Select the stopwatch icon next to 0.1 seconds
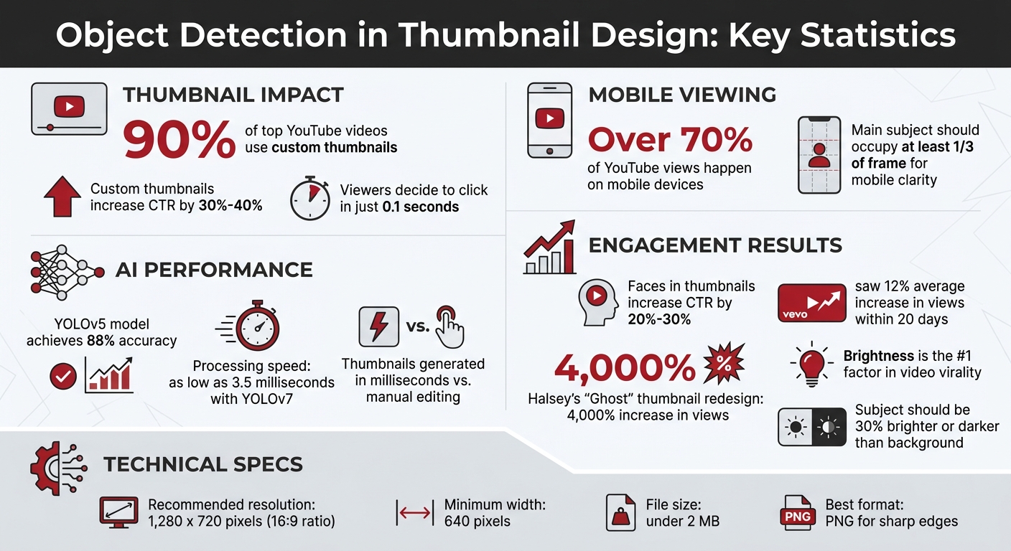[310, 199]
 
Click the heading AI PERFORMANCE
[214, 270]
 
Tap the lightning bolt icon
[378, 326]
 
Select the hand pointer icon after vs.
[449, 326]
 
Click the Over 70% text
[670, 139]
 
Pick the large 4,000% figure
[625, 369]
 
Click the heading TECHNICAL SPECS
[203, 464]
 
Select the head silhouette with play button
[597, 301]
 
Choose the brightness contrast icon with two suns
[811, 428]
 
